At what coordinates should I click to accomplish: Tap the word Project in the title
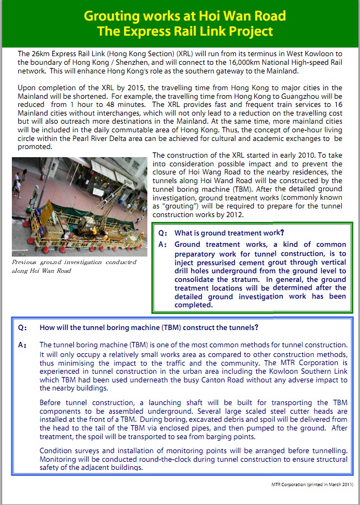(x=252, y=31)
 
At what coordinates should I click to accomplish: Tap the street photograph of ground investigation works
(x=79, y=206)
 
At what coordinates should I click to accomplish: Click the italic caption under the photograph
(x=74, y=266)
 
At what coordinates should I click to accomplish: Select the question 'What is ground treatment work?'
(x=229, y=233)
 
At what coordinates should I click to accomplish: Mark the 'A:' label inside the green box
(x=163, y=245)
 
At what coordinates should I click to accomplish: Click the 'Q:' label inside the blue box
(x=22, y=327)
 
